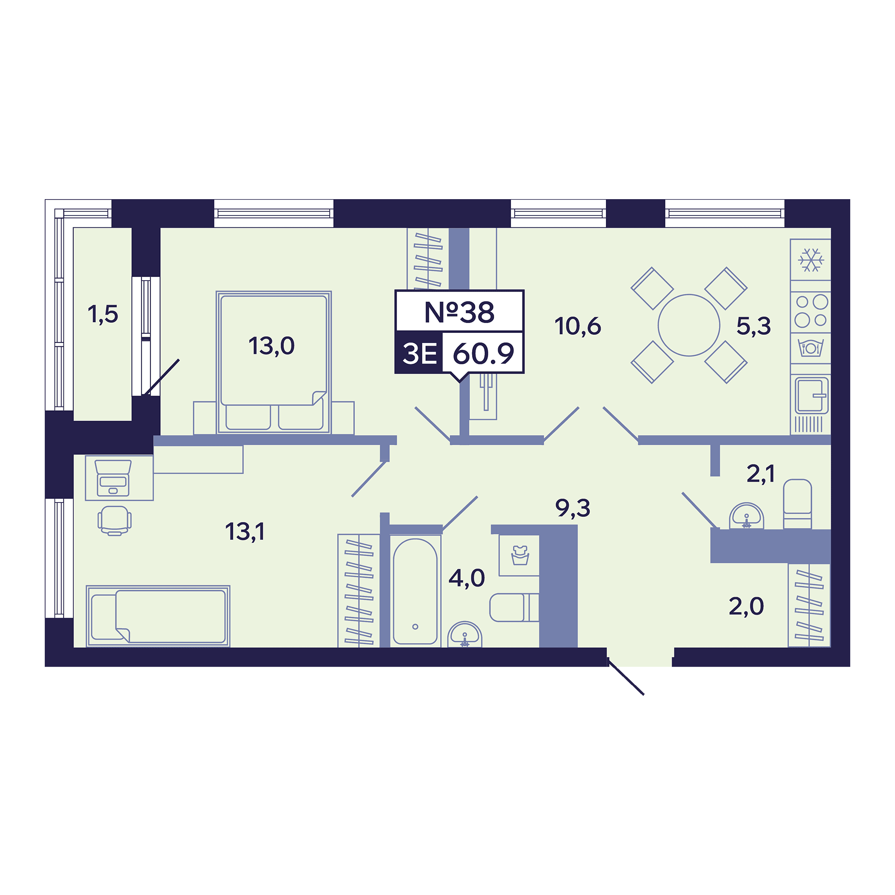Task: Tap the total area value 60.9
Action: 483,354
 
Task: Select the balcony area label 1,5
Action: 103,315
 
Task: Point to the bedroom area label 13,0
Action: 272,346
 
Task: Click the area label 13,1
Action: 245,532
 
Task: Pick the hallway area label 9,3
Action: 573,508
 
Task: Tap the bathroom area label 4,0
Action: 466,578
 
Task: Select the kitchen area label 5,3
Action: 754,326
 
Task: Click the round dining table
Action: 689,325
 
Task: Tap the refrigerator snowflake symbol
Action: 811,260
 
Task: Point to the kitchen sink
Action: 811,396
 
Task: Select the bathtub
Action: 415,591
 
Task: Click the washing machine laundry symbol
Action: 519,555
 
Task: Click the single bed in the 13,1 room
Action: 158,616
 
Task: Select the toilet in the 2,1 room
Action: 797,504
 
